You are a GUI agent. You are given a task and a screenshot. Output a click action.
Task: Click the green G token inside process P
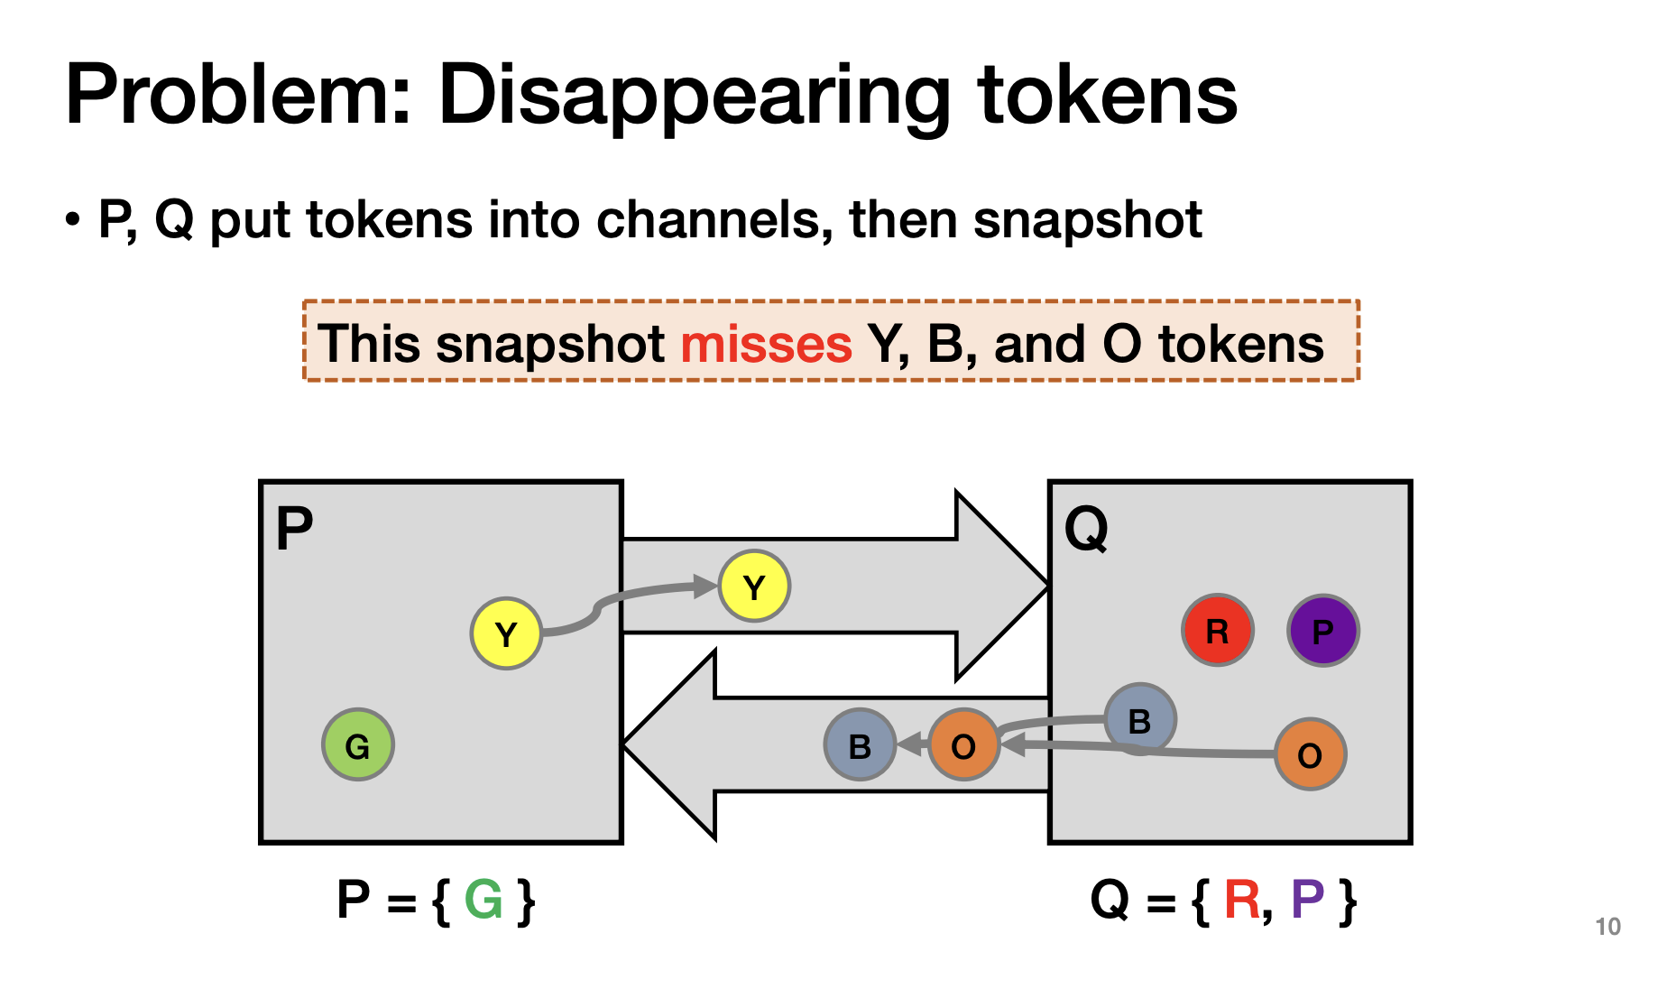357,745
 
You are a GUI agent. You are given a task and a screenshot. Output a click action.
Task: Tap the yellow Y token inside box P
506,633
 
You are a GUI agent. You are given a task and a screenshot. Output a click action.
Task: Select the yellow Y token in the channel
754,587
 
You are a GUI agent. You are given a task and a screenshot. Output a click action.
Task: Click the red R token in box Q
1217,631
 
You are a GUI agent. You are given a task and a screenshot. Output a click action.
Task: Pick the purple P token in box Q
1322,631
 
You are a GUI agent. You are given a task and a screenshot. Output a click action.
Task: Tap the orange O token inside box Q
1310,754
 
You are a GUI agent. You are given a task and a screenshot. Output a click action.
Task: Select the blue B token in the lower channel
860,745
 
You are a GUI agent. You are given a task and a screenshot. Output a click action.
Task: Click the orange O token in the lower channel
963,745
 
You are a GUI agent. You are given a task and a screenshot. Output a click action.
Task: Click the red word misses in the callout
766,344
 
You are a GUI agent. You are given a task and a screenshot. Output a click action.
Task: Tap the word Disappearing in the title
694,95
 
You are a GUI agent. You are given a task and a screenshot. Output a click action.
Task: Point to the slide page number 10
1607,927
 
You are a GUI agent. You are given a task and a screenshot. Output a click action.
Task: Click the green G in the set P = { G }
484,900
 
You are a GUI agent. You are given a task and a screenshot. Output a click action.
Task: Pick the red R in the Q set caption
1241,900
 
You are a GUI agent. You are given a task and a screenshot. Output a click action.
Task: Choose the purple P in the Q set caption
1307,900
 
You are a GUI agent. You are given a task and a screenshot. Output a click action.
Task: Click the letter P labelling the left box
294,528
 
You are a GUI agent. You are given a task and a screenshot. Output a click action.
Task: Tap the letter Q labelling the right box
1086,529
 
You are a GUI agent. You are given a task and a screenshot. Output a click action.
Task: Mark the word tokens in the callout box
1240,344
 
